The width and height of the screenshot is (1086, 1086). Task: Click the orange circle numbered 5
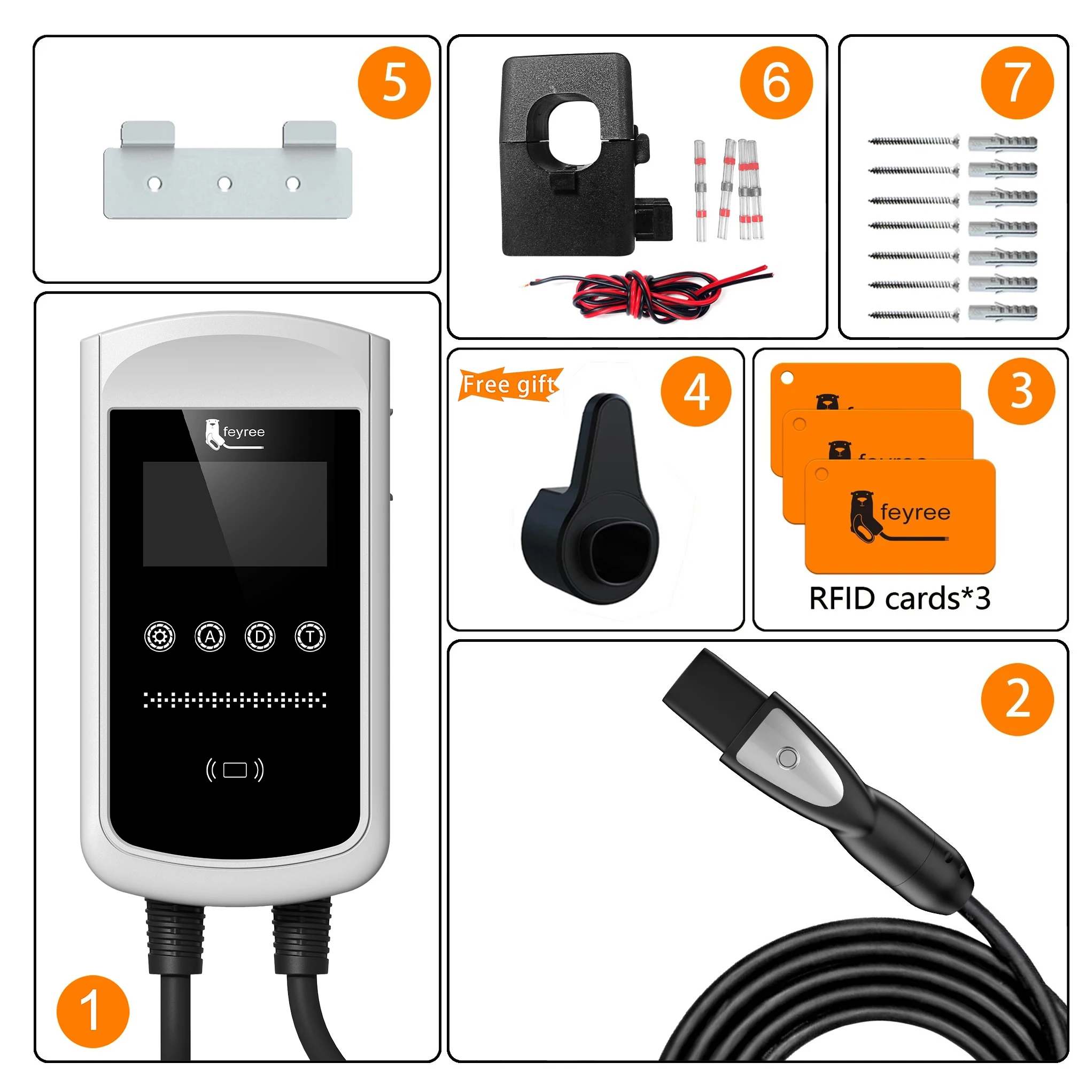pyautogui.click(x=394, y=83)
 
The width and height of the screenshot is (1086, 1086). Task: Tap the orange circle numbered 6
pyautogui.click(x=776, y=83)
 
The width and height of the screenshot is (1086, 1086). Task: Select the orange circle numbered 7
pyautogui.click(x=1018, y=83)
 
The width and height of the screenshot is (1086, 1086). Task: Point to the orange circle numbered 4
pyautogui.click(x=696, y=391)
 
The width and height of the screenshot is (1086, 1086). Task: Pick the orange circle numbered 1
pyautogui.click(x=93, y=1012)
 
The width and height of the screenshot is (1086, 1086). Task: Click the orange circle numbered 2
pyautogui.click(x=1018, y=699)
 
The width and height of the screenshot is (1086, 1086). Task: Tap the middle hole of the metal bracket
pyautogui.click(x=224, y=183)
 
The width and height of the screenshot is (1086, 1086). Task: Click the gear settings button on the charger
pyautogui.click(x=160, y=637)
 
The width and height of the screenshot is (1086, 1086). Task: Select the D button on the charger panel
pyautogui.click(x=260, y=637)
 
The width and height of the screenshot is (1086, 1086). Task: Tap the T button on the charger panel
pyautogui.click(x=311, y=637)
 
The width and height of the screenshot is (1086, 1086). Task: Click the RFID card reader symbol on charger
pyautogui.click(x=235, y=770)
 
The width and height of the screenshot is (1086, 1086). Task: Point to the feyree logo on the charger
pyautogui.click(x=235, y=434)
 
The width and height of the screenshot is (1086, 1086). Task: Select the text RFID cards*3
pyautogui.click(x=899, y=598)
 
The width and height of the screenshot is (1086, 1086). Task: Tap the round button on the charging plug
pyautogui.click(x=787, y=758)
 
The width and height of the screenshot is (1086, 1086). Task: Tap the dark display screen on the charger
pyautogui.click(x=235, y=514)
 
